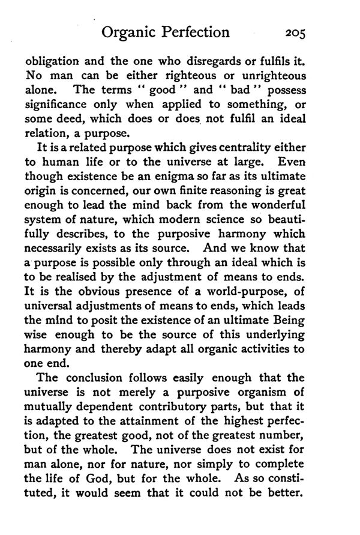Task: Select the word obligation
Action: coord(55,62)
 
